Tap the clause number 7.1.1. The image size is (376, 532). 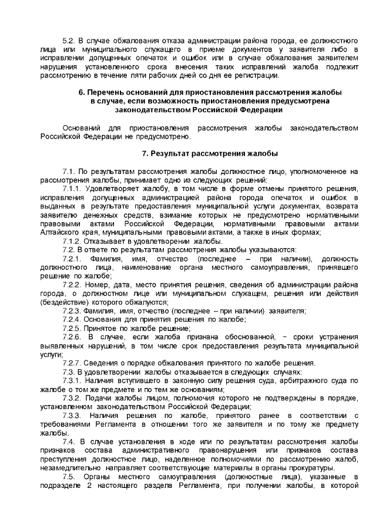pos(73,189)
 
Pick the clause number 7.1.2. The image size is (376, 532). pos(73,241)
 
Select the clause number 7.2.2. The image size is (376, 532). pos(73,285)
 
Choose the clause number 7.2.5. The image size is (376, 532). pos(73,328)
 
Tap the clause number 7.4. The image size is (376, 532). pos(69,441)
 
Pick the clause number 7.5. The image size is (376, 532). pos(69,477)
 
